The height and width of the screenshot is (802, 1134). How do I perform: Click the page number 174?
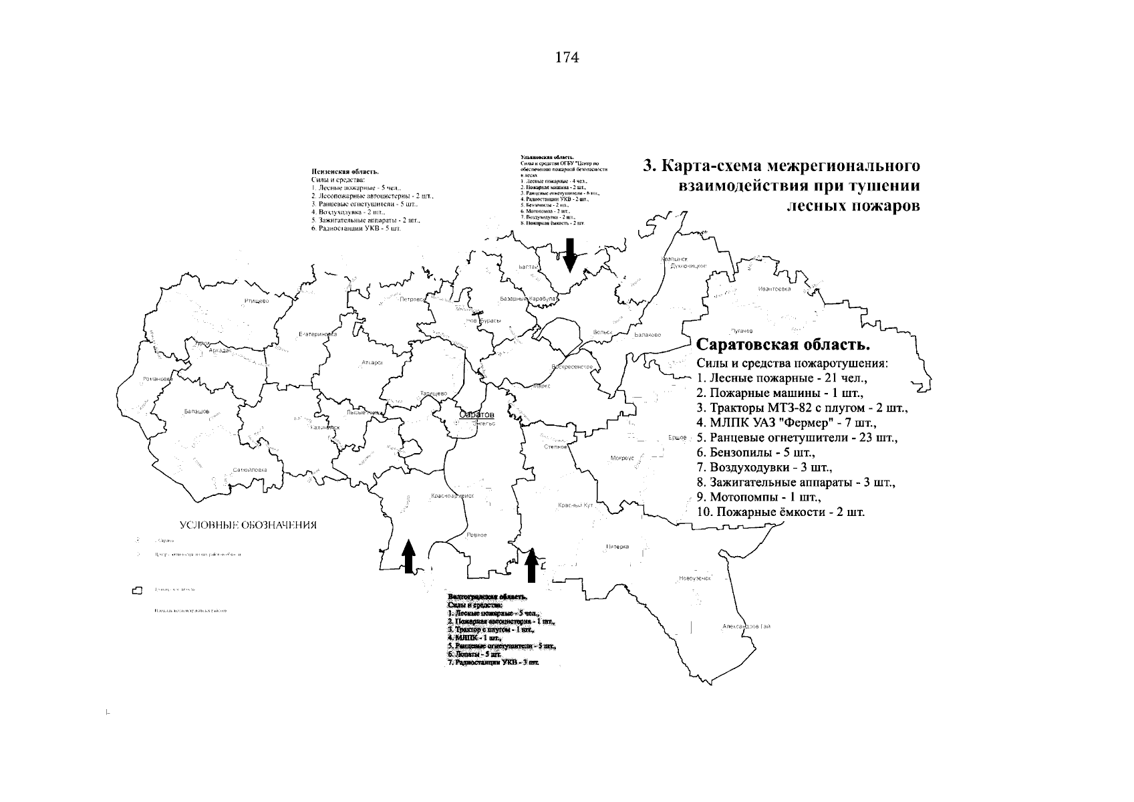(567, 57)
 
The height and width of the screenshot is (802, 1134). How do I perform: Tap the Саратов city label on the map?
(476, 415)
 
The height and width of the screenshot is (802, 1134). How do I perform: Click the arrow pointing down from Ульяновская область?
(569, 253)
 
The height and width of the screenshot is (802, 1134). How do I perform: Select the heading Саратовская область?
(783, 346)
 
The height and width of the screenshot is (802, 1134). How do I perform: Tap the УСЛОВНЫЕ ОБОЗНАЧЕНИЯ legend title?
(247, 525)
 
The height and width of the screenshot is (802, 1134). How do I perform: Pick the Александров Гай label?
(746, 626)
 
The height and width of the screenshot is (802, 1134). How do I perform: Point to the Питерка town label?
(617, 547)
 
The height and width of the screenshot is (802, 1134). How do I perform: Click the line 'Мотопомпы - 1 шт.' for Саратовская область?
(758, 497)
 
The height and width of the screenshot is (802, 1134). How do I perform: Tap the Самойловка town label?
(249, 470)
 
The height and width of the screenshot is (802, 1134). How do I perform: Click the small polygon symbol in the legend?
(138, 590)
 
